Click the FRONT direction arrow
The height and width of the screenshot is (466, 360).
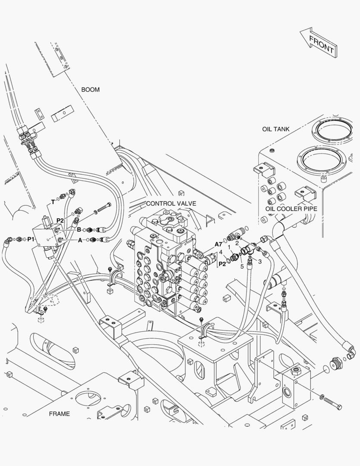tap(319, 43)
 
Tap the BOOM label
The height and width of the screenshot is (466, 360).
tap(90, 90)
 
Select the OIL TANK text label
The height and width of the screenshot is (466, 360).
tap(275, 129)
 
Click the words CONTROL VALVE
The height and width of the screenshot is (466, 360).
tap(171, 203)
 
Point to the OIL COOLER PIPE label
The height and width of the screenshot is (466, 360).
tap(291, 209)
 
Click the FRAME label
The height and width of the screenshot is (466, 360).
tap(59, 413)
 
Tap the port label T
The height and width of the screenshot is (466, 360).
tap(53, 202)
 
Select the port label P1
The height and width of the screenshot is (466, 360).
tap(31, 239)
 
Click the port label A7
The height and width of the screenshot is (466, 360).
tap(219, 244)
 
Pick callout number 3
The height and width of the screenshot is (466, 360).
tap(260, 261)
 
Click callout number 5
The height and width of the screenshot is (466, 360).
tap(242, 266)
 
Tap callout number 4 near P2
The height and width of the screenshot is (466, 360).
tap(221, 252)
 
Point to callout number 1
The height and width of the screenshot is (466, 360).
tap(229, 247)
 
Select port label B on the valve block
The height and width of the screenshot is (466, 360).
tap(79, 230)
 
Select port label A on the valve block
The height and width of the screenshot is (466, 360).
tap(80, 240)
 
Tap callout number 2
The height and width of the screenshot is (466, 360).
tap(237, 243)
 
